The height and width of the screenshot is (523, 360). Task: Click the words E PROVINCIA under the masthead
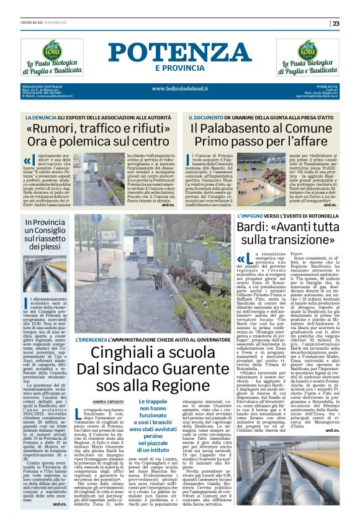[180, 68]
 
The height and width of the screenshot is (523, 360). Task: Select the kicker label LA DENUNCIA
[55, 117]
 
